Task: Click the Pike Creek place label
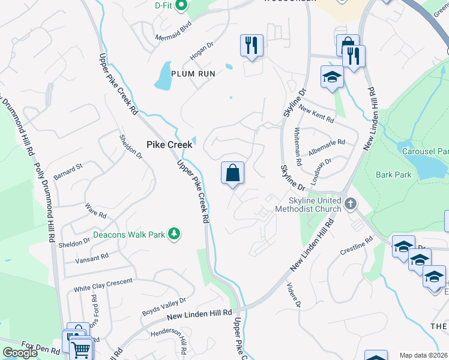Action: coord(170,145)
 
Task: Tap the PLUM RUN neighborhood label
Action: coord(193,73)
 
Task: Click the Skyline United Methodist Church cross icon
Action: coord(351,205)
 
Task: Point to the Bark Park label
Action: coord(394,175)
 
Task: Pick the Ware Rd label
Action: coord(95,213)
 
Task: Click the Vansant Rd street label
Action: coord(91,257)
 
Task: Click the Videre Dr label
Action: coord(293,294)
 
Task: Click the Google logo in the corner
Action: coord(20,352)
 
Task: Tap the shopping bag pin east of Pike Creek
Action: coord(232,173)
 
